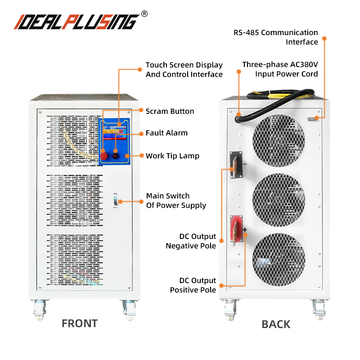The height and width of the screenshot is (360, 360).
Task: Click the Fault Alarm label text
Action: coord(166,133)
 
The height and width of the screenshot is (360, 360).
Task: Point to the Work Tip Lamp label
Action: coord(172,156)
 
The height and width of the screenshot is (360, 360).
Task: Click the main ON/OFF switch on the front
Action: coord(116,201)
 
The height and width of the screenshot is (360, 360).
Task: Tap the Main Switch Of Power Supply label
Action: coord(176,201)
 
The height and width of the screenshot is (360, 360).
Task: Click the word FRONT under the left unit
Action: coord(79,323)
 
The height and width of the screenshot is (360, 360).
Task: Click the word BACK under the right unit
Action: coord(276,324)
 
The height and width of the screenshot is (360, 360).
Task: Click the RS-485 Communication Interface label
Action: coord(275,37)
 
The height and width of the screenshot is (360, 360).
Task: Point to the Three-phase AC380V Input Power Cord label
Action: coord(280,69)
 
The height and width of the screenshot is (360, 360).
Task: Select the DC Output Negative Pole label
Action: coord(191,241)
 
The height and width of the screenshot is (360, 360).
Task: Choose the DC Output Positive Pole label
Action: coord(193,285)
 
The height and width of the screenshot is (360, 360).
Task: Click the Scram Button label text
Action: coord(170,111)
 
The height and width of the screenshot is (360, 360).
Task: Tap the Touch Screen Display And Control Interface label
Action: coord(184,70)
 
